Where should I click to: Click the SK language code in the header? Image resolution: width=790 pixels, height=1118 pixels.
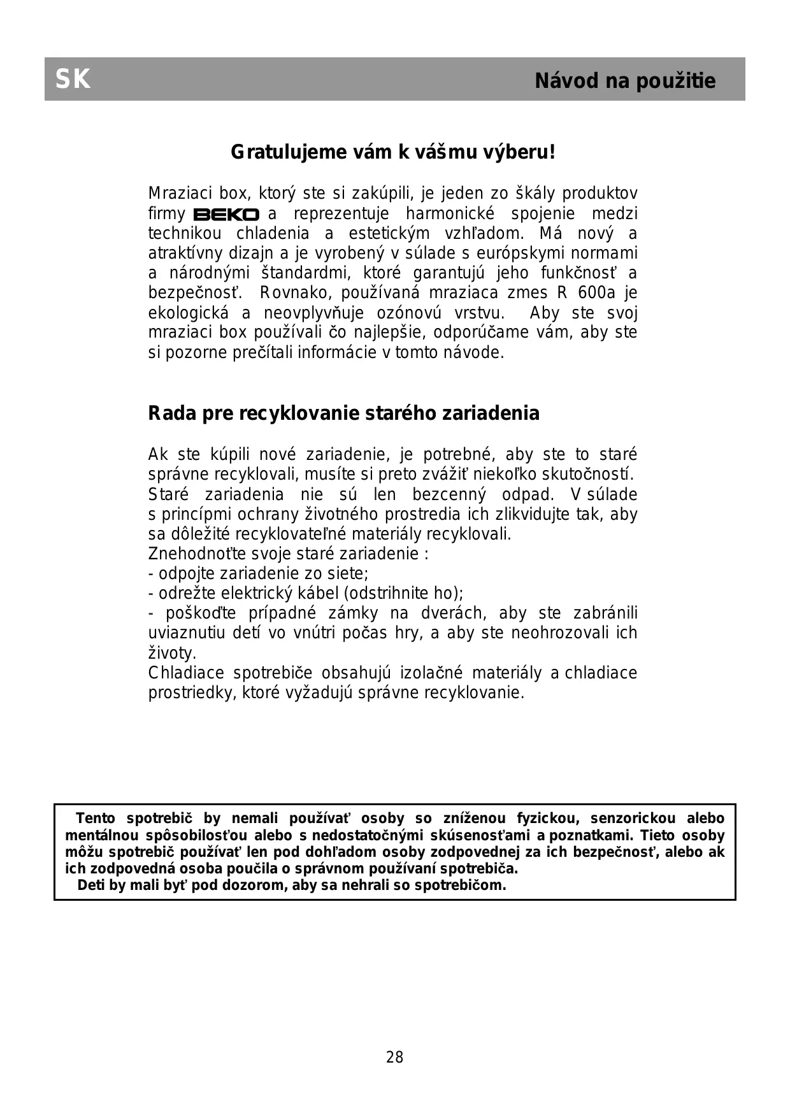click(73, 80)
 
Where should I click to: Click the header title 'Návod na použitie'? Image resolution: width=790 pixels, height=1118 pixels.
click(625, 81)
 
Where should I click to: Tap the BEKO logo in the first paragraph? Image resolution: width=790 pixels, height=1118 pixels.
click(226, 215)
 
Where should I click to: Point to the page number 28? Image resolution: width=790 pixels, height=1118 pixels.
click(394, 1057)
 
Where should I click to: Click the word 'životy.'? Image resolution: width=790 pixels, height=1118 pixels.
click(172, 654)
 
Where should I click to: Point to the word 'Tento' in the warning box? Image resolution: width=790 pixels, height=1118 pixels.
click(96, 819)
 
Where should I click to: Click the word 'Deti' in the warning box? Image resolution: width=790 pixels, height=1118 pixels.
click(91, 885)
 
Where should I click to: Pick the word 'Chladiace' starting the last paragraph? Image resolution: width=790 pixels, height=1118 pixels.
click(186, 673)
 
